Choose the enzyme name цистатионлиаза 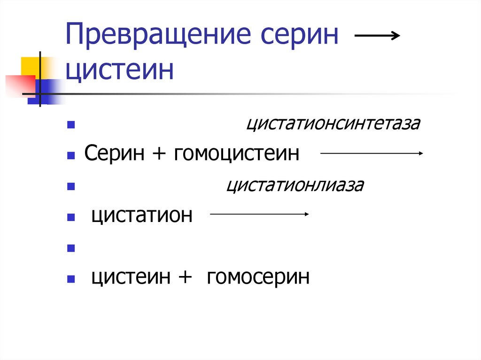point(295,185)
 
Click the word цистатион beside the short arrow point(142,215)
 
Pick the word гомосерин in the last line point(257,277)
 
